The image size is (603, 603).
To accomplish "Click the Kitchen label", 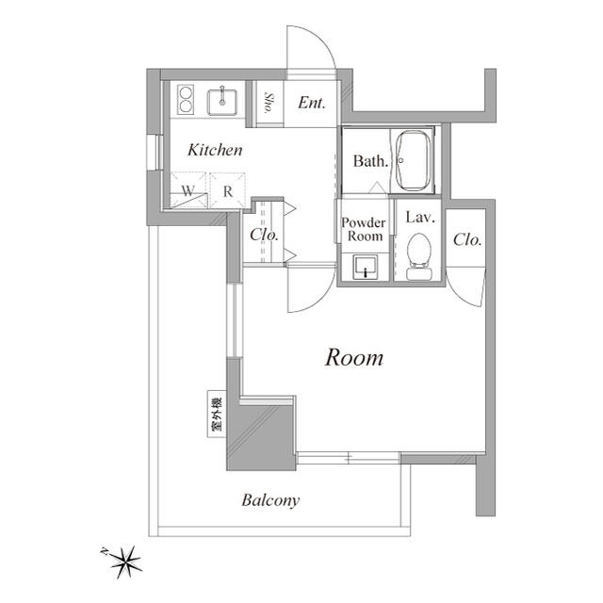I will click(215, 150).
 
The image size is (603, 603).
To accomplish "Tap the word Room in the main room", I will click(354, 358).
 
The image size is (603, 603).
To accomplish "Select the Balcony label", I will click(269, 500).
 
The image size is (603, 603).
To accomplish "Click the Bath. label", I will click(370, 161).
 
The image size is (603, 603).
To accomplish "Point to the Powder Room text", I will click(364, 229).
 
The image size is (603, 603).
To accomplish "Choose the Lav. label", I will click(418, 218).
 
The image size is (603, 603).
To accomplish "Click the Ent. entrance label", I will click(312, 103).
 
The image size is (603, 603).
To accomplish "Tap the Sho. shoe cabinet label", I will click(269, 103).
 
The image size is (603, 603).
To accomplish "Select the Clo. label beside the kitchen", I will click(264, 235).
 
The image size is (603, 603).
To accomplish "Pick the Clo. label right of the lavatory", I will click(467, 240).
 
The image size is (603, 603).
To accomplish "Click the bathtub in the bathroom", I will click(413, 160).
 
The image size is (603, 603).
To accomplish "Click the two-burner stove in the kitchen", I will click(184, 99).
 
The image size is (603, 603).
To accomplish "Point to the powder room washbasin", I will click(364, 269).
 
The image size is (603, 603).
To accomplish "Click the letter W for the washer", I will click(188, 190).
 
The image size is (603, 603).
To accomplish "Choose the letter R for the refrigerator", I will click(227, 190).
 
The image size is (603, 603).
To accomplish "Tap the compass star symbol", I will click(124, 562).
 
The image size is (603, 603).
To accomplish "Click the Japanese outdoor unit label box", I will click(216, 415).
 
